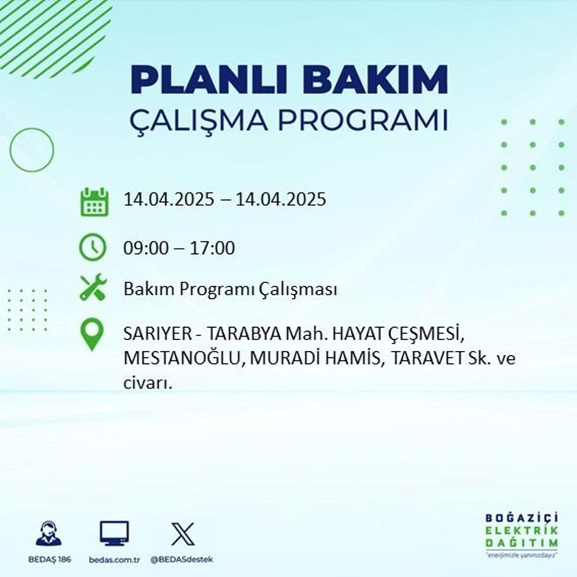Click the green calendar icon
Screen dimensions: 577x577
93,201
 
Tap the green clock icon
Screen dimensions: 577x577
93,248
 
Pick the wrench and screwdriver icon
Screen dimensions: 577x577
93,288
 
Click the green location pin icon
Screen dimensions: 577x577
93,335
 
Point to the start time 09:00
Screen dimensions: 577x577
144,249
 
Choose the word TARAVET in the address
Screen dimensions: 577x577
425,359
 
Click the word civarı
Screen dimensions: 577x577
148,383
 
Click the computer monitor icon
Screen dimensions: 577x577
114,533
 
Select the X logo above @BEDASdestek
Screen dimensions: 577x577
183,533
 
